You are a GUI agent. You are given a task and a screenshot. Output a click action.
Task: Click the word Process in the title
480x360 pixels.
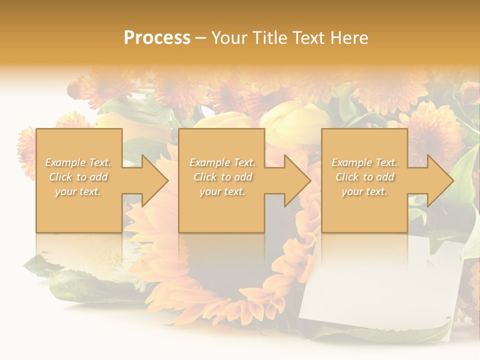pos(157,38)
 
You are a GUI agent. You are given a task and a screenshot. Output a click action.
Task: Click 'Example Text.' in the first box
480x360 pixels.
pos(78,162)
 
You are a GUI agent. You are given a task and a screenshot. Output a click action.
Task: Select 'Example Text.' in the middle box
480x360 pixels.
pos(222,162)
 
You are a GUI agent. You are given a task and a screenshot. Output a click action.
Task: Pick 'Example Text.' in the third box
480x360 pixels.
pos(364,162)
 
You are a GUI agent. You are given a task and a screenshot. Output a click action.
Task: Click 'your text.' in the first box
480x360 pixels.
pos(78,191)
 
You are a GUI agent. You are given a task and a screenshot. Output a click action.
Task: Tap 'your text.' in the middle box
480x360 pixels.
pos(222,191)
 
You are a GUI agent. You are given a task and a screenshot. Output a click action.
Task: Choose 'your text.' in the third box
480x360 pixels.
pos(364,191)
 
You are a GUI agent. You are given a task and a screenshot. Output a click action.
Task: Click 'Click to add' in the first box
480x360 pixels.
pos(78,177)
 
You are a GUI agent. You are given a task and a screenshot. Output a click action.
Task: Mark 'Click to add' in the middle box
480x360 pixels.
pos(222,177)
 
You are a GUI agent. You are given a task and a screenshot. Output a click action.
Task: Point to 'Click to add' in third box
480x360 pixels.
pos(365,177)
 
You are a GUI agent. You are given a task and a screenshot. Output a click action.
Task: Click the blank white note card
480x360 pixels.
pos(380,285)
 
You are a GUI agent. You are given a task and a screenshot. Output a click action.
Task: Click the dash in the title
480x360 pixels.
pos(200,38)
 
